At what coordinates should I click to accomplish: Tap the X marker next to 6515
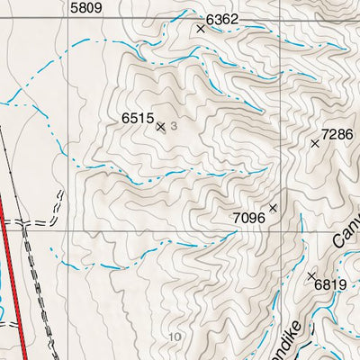[x=161, y=127]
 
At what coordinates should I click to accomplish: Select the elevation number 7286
[x=341, y=134]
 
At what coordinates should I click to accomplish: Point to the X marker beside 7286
[x=315, y=143]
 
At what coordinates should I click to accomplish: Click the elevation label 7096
[x=248, y=218]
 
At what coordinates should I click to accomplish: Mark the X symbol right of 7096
[x=273, y=208]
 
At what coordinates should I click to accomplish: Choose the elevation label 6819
[x=330, y=285]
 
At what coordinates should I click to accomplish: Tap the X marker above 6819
[x=311, y=275]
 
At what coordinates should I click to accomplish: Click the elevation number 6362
[x=222, y=18]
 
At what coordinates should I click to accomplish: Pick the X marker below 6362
[x=201, y=29]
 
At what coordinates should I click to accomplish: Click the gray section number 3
[x=173, y=127]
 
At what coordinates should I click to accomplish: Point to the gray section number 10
[x=175, y=337]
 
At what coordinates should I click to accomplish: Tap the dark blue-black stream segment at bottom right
[x=306, y=346]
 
